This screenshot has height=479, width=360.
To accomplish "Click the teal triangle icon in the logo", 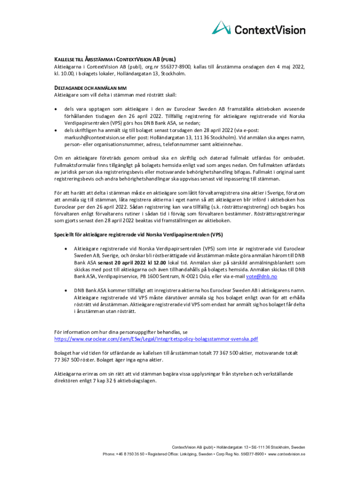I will click(x=222, y=28).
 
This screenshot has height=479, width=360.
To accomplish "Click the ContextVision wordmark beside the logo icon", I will click(x=269, y=30).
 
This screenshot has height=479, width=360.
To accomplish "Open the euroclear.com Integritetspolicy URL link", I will click(x=156, y=338).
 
